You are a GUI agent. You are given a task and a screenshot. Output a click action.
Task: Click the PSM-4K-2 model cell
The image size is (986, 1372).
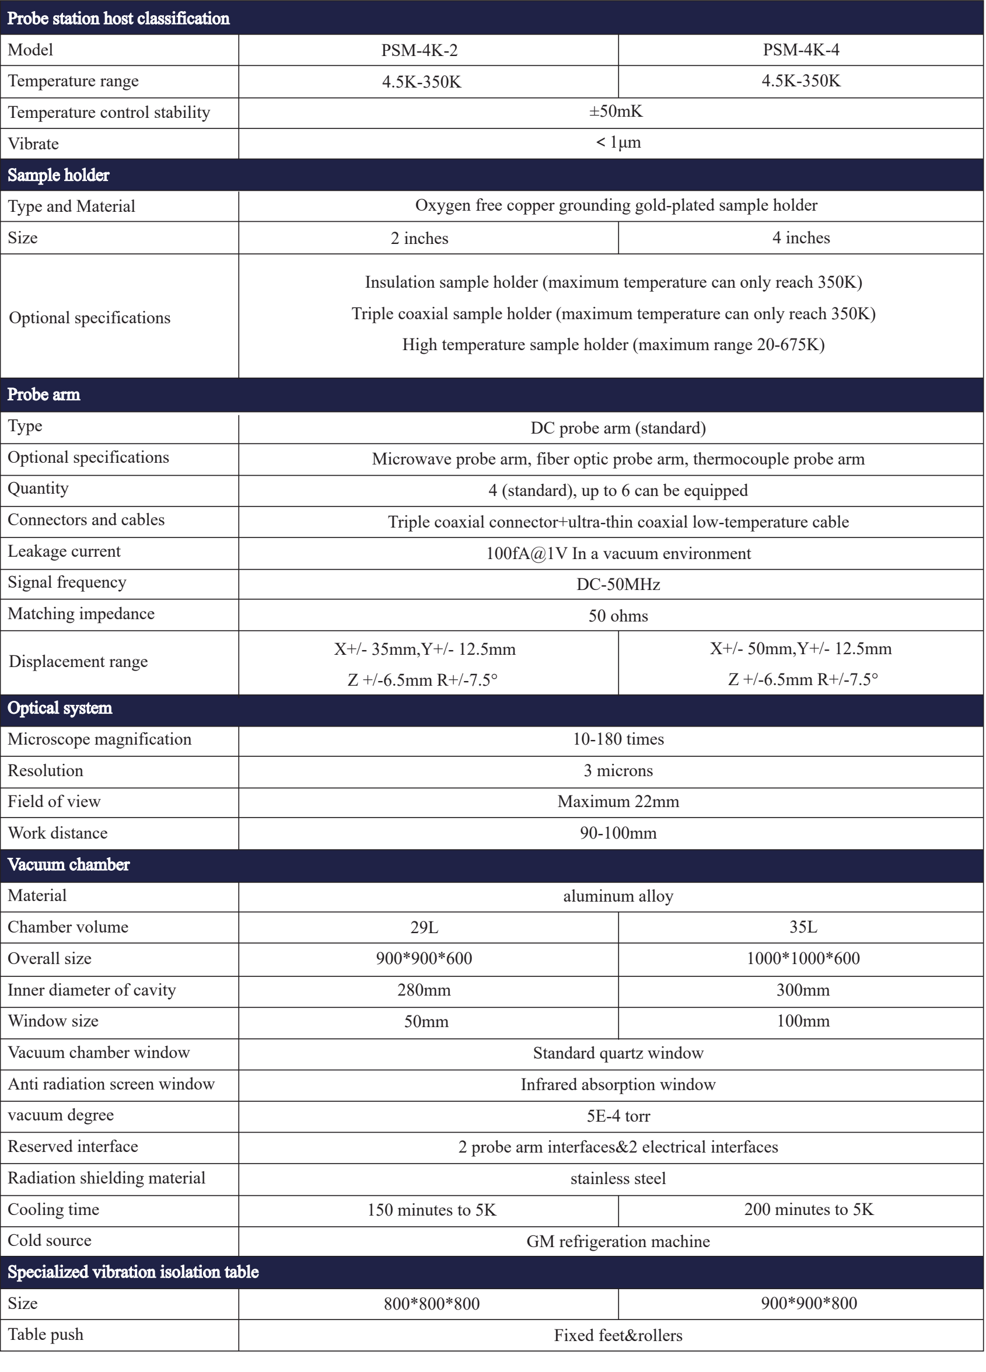pyautogui.click(x=419, y=50)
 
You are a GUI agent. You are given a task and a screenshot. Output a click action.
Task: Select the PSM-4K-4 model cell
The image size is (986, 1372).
pyautogui.click(x=801, y=50)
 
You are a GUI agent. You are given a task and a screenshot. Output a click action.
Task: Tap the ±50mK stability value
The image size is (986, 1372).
pyautogui.click(x=616, y=111)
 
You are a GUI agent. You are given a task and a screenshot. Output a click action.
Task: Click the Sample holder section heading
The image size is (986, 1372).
pyautogui.click(x=59, y=176)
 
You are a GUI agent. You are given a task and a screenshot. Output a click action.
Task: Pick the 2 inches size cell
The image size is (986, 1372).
pyautogui.click(x=419, y=238)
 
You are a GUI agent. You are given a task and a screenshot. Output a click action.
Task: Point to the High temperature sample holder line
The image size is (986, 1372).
pyautogui.click(x=613, y=345)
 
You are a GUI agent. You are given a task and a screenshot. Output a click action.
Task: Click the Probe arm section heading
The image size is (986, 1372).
pyautogui.click(x=44, y=395)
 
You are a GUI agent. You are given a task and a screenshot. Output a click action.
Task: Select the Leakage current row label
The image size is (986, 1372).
pyautogui.click(x=64, y=551)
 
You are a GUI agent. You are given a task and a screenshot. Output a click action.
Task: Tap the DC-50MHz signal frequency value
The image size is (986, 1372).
pyautogui.click(x=618, y=584)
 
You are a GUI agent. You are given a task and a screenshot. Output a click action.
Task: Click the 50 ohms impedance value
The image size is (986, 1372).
pyautogui.click(x=618, y=616)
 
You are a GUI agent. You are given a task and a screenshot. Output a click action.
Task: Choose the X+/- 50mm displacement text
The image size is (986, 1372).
pyautogui.click(x=800, y=649)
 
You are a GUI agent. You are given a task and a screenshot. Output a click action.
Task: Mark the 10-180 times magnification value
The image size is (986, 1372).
pyautogui.click(x=618, y=739)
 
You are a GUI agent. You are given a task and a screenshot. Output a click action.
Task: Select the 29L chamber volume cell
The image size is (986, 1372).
pyautogui.click(x=424, y=927)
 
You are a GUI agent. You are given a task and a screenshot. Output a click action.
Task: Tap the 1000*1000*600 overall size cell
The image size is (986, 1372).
pyautogui.click(x=803, y=958)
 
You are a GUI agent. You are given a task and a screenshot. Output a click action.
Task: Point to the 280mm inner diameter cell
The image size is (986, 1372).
pyautogui.click(x=424, y=990)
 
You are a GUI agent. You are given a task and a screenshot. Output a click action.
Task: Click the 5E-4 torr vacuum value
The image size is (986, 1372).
pyautogui.click(x=618, y=1116)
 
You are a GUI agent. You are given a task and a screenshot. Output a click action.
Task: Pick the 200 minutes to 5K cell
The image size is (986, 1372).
pyautogui.click(x=809, y=1209)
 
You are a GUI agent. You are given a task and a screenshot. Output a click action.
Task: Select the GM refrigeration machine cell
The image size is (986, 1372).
pyautogui.click(x=618, y=1241)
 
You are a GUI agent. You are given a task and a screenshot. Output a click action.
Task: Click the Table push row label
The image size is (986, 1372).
pyautogui.click(x=46, y=1335)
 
